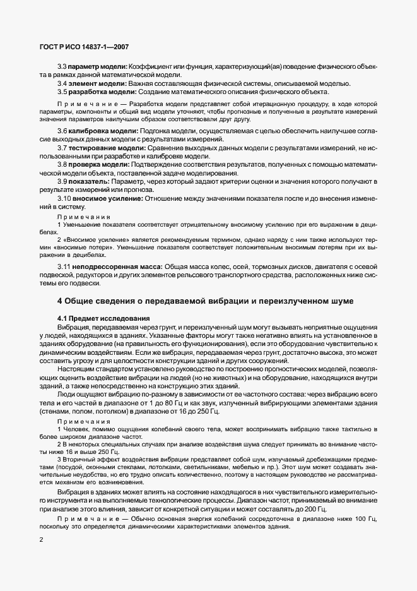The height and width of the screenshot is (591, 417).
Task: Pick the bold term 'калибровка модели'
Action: tap(100, 129)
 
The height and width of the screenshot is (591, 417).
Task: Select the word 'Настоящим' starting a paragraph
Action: tap(76, 368)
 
